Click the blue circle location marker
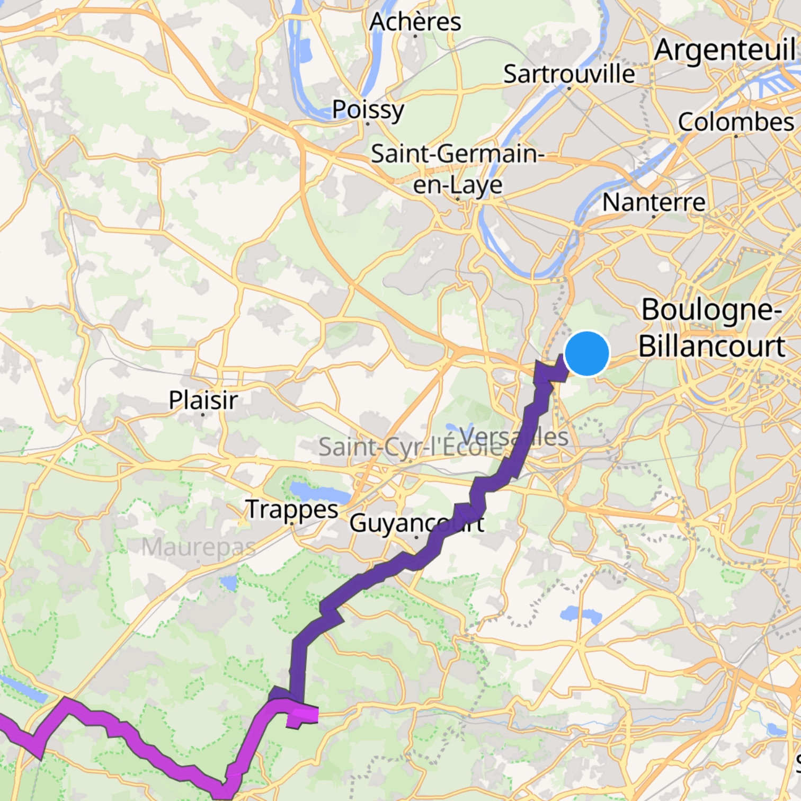tap(587, 353)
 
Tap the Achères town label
tap(415, 22)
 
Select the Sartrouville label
tap(568, 74)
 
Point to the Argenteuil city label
tap(724, 51)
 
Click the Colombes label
tap(735, 122)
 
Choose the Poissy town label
tap(368, 110)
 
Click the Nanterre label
tap(654, 202)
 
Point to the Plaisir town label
tap(203, 399)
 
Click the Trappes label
tap(292, 509)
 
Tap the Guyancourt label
tap(416, 523)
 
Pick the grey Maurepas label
tap(198, 547)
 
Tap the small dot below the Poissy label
tap(368, 124)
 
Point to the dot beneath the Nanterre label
tap(654, 216)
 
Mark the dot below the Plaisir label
tap(203, 414)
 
